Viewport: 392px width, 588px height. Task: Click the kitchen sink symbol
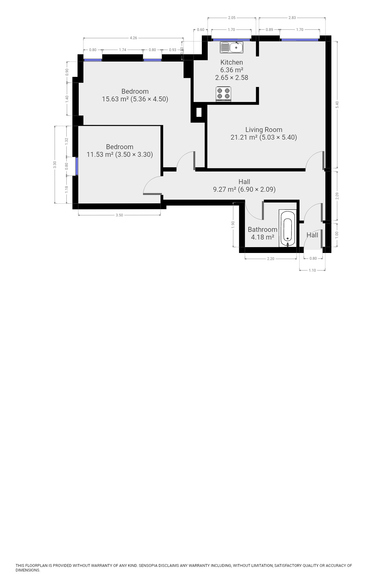pyautogui.click(x=232, y=47)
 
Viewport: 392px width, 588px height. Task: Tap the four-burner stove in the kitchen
pyautogui.click(x=223, y=94)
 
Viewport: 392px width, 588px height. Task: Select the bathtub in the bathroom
pyautogui.click(x=288, y=228)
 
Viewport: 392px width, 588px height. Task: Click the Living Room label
pyautogui.click(x=264, y=130)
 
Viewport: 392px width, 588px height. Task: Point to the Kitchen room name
pyautogui.click(x=232, y=62)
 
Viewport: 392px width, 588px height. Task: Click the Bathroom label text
pyautogui.click(x=262, y=229)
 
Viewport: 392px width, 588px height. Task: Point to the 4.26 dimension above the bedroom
pyautogui.click(x=134, y=38)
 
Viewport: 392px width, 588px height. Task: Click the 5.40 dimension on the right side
pyautogui.click(x=337, y=105)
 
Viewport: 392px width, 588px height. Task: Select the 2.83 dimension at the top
pyautogui.click(x=292, y=18)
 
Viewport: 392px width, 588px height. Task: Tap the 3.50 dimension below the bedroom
pyautogui.click(x=119, y=215)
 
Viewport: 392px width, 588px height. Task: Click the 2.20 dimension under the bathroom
pyautogui.click(x=271, y=259)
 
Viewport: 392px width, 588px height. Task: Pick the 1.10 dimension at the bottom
pyautogui.click(x=312, y=270)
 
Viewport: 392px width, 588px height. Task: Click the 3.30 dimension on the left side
pyautogui.click(x=55, y=165)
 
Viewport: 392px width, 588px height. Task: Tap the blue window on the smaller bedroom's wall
pyautogui.click(x=77, y=166)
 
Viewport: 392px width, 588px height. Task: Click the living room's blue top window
pyautogui.click(x=300, y=40)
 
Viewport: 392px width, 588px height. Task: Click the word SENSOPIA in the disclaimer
pyautogui.click(x=148, y=565)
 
